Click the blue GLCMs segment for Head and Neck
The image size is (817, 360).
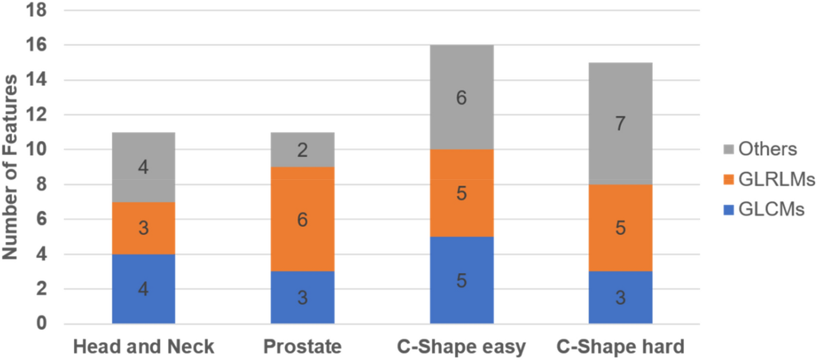pos(143,289)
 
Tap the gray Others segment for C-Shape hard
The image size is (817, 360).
pos(620,123)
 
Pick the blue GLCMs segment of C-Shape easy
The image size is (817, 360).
pos(461,280)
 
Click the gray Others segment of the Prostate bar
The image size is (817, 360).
pos(302,150)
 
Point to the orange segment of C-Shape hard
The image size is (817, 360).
pos(620,228)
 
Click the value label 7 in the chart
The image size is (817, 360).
pos(620,123)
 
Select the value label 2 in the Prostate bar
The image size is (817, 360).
pos(302,150)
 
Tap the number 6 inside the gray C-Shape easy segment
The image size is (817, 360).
pos(461,98)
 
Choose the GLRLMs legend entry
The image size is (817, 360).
pos(768,180)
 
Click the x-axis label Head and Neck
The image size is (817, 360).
pos(143,347)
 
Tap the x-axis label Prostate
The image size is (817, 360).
pos(302,347)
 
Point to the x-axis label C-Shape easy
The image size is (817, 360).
pos(461,347)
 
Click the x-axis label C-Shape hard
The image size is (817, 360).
pos(620,347)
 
